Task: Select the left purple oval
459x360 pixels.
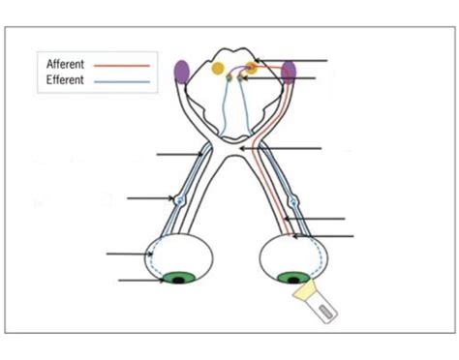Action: point(181,71)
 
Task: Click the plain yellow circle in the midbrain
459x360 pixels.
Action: point(220,69)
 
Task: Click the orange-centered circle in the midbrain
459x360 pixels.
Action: point(252,67)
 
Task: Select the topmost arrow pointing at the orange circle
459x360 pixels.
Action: point(294,60)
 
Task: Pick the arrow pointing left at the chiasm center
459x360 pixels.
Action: point(291,148)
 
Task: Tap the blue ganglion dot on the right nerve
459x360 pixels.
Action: point(296,203)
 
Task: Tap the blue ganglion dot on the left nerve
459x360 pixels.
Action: point(180,200)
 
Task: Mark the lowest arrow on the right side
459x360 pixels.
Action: point(324,235)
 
